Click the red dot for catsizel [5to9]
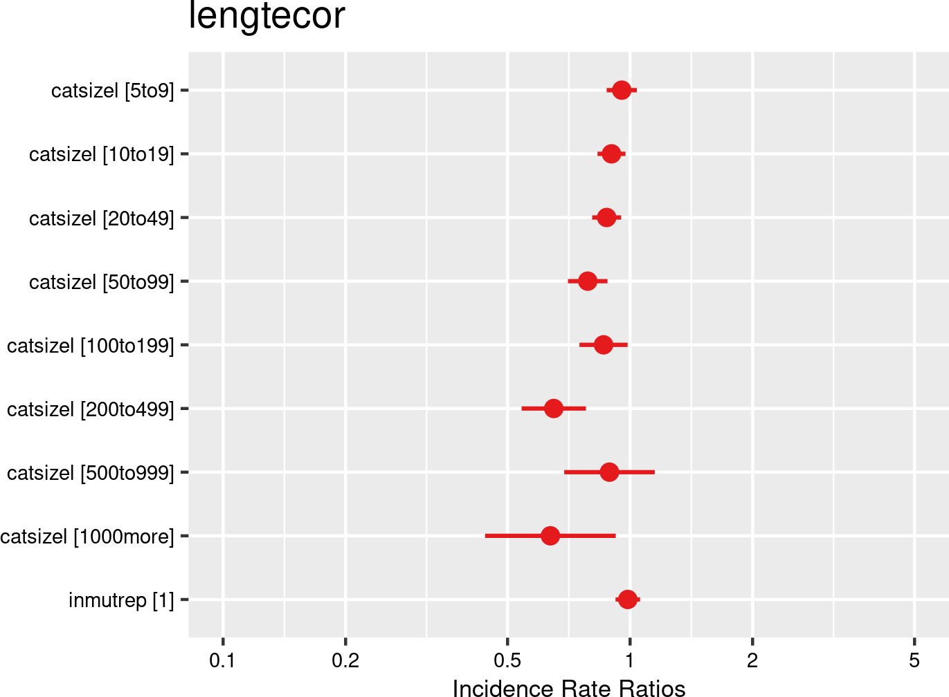click(622, 91)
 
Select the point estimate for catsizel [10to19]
click(611, 154)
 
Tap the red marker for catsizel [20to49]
click(606, 218)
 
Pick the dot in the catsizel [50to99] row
click(587, 281)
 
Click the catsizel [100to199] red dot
click(604, 344)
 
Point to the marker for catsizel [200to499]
click(553, 409)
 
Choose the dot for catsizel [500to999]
click(609, 472)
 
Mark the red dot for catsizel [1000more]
click(550, 536)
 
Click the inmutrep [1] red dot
click(627, 600)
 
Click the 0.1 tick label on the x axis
click(223, 661)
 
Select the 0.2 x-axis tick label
click(345, 661)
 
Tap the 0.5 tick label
click(507, 661)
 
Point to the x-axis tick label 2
click(752, 661)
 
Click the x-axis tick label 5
click(914, 661)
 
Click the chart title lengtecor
click(266, 17)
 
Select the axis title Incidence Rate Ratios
click(569, 687)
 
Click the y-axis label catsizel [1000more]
click(87, 537)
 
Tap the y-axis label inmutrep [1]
click(121, 600)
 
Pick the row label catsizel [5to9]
click(113, 91)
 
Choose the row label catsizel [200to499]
click(91, 409)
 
